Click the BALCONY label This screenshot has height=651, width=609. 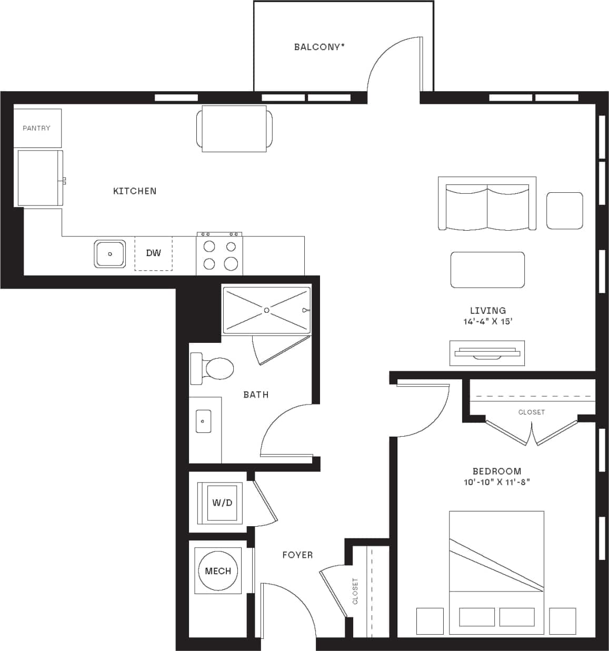point(319,47)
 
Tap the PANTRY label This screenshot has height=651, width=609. point(36,128)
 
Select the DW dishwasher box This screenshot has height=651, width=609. point(153,253)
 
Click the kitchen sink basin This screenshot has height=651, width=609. point(110,253)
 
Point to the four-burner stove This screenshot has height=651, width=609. point(219,255)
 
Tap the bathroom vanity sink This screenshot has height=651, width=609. point(203,421)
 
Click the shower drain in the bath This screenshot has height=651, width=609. point(267,310)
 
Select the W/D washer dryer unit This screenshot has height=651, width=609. point(222,503)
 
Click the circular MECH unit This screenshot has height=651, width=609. point(218,571)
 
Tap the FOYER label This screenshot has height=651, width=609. point(297,555)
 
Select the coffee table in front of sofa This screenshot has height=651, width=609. point(487,270)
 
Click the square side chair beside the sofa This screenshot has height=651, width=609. point(564,211)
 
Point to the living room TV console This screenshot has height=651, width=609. point(487,353)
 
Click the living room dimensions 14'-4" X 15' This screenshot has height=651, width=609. point(487,321)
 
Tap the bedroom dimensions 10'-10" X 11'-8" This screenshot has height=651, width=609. point(496,482)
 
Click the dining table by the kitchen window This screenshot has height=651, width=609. point(235,129)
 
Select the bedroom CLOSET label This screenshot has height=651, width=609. point(531,412)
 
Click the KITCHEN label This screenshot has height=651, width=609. point(135,191)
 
